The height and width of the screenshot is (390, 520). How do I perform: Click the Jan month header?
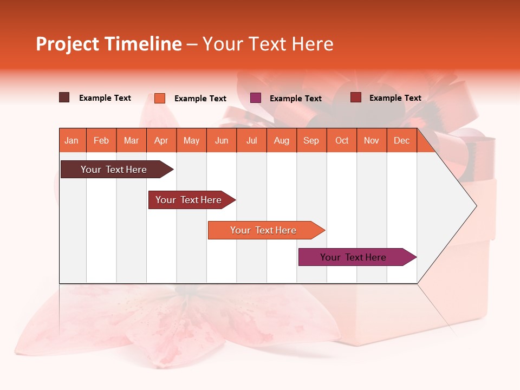(x=71, y=140)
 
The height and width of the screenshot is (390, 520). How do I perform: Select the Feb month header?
(x=101, y=140)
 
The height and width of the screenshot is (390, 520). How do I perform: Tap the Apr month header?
(x=161, y=140)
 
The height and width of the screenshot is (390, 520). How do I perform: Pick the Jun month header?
(x=222, y=140)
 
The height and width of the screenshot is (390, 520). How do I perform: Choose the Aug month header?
(x=282, y=140)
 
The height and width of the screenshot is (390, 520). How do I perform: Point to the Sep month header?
(x=311, y=140)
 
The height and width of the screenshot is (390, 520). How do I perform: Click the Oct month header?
(x=342, y=140)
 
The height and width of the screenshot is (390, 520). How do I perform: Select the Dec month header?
(x=402, y=140)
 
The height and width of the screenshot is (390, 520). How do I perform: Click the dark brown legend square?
(x=64, y=97)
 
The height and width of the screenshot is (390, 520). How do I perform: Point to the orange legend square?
(x=160, y=98)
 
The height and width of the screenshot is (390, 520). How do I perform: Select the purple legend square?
(x=256, y=98)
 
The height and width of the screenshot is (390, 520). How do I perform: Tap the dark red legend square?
(x=356, y=97)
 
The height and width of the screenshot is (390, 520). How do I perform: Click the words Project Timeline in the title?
(x=109, y=44)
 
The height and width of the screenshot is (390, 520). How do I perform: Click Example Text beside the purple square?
(x=296, y=99)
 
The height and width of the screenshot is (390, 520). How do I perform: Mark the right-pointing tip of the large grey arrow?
(x=476, y=206)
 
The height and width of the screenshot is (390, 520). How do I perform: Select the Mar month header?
(x=131, y=140)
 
